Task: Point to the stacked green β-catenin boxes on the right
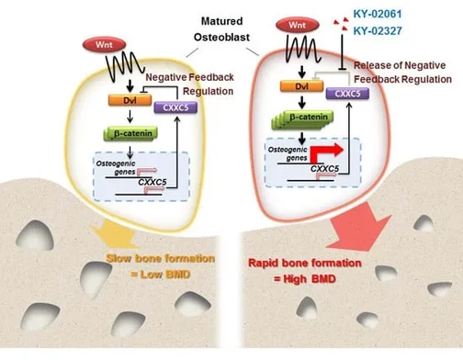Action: (x=296, y=125)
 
